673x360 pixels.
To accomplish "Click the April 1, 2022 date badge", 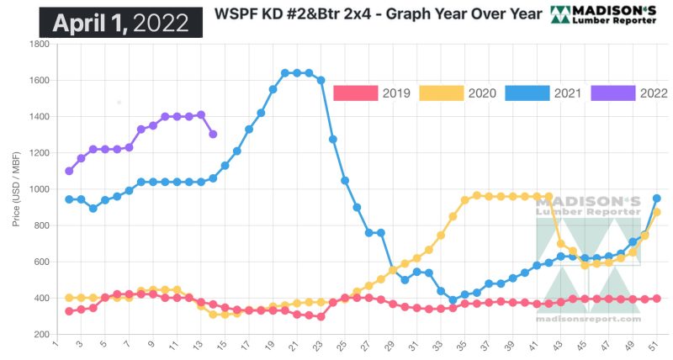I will pos(120,22).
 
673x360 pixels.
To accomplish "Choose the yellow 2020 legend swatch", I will pos(440,93).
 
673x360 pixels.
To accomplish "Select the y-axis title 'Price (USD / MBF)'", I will pos(16,190).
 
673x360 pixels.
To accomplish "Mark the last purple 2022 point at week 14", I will pos(213,135).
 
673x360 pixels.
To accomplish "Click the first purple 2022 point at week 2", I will pos(69,172).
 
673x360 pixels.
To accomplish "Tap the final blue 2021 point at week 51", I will pos(656,199).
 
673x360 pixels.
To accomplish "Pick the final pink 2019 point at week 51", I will pos(656,299).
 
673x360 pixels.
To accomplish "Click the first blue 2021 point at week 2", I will pos(69,199).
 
